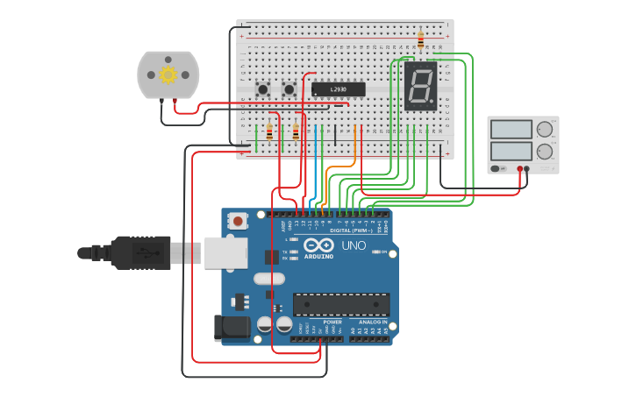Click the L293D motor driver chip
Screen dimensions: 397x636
338,89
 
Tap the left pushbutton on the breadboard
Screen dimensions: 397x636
262,89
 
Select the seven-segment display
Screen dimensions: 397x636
421,85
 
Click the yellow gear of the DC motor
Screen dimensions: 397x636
168,75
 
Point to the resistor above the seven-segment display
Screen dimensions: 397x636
420,39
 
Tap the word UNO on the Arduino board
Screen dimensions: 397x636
354,245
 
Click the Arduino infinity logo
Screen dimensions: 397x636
318,245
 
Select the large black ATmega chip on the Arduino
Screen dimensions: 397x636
341,304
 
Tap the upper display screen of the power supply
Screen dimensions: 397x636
511,130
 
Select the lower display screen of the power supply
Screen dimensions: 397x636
511,151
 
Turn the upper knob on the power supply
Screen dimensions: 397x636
545,130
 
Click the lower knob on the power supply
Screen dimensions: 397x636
545,151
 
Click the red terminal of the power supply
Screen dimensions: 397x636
519,168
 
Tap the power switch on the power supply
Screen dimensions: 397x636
497,168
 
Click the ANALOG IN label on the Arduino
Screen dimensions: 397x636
374,323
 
